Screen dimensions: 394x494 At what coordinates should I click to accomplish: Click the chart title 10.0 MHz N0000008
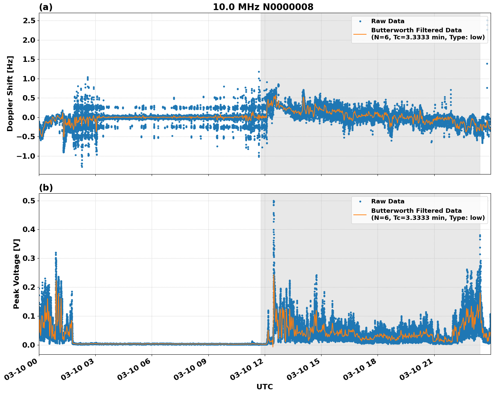pyautogui.click(x=263, y=7)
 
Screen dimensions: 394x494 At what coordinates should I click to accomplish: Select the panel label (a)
pyautogui.click(x=46, y=7)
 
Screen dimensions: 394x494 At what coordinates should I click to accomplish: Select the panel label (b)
pyautogui.click(x=46, y=188)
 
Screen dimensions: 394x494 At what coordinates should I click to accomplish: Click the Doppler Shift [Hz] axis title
pyautogui.click(x=10, y=93)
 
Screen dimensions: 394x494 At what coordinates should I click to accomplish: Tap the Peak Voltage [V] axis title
pyautogui.click(x=16, y=274)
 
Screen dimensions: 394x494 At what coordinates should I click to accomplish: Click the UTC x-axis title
pyautogui.click(x=264, y=387)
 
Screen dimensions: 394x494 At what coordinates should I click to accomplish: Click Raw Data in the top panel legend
pyautogui.click(x=388, y=21)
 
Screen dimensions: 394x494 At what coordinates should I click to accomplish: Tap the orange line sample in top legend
pyautogui.click(x=360, y=34)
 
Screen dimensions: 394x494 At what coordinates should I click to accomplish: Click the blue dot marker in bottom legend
pyautogui.click(x=360, y=201)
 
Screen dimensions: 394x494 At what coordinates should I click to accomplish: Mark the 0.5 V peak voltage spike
pyautogui.click(x=274, y=202)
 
